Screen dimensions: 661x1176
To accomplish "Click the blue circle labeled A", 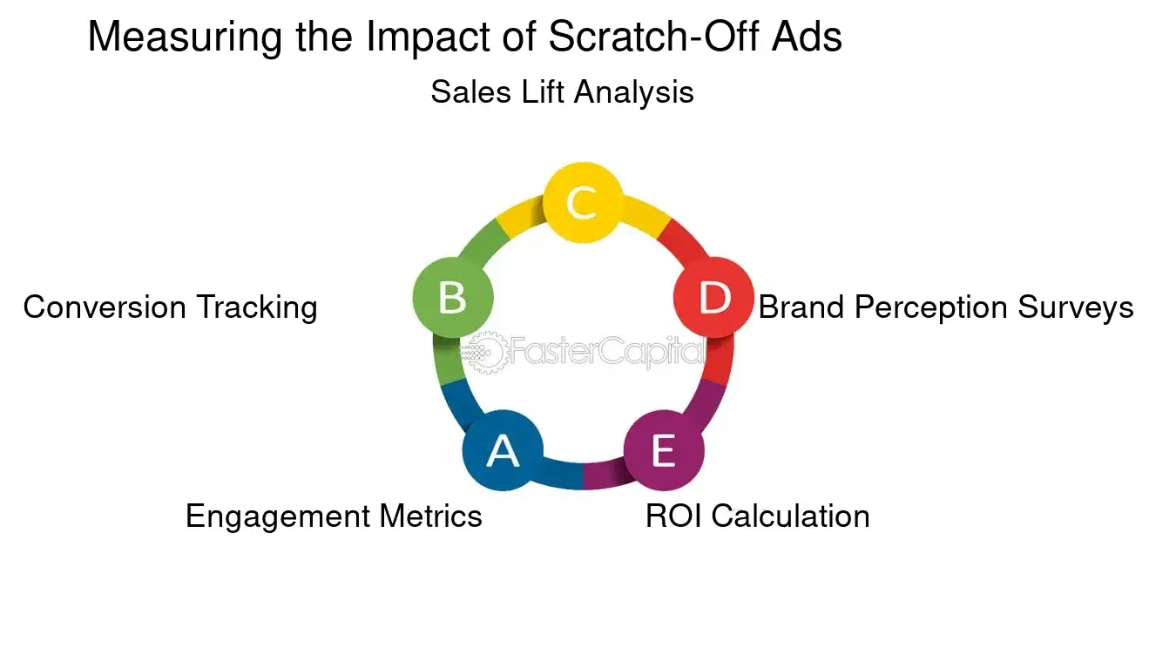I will point(503,450).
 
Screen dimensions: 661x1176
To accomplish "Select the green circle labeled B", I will point(453,297).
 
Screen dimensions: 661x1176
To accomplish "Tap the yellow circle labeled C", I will point(582,202).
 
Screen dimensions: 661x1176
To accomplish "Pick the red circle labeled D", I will point(714,298).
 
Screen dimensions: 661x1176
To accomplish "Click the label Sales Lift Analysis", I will point(562,91).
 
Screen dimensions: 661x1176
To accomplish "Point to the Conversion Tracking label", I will point(170,307).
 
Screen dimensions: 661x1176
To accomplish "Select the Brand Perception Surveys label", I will point(946,307).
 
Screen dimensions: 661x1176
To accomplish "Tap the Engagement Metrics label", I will point(334,516).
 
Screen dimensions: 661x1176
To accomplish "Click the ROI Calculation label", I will point(757,516).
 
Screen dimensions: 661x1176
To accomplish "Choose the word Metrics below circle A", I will point(430,516).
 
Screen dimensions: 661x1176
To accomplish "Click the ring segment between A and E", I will point(582,476).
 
